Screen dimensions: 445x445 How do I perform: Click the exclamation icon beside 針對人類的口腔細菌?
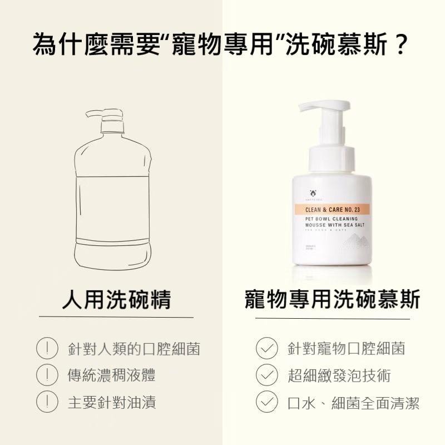(x=47, y=349)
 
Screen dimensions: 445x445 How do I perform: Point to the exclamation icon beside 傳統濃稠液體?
(x=47, y=375)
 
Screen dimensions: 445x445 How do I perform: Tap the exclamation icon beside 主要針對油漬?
(x=47, y=401)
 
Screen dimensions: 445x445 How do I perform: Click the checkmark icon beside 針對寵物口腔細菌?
(x=266, y=349)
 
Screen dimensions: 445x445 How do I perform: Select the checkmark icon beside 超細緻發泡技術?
(x=266, y=375)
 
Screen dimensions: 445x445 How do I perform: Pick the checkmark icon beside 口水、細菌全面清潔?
(x=266, y=401)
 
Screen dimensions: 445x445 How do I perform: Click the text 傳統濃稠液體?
(x=111, y=375)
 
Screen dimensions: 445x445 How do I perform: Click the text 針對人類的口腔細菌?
(x=133, y=349)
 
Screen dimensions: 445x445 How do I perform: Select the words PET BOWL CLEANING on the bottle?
(x=330, y=219)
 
